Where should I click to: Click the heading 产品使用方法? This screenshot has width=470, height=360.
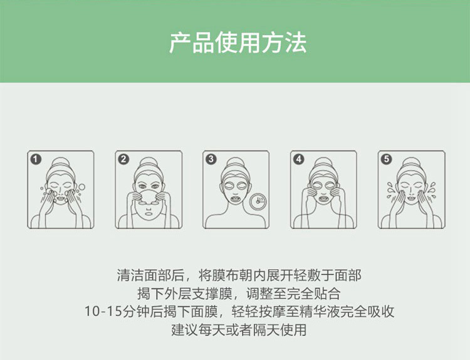[x=238, y=43]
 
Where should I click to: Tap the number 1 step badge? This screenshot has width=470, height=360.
[x=36, y=159]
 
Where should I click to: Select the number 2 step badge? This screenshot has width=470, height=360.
[x=123, y=159]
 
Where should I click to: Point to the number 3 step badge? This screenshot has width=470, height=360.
[x=211, y=159]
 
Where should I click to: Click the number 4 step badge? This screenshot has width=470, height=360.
[x=298, y=159]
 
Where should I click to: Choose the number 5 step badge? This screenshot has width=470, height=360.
[x=387, y=159]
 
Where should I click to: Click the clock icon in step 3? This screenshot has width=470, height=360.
[x=258, y=202]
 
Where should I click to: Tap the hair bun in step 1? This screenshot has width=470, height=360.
[x=61, y=163]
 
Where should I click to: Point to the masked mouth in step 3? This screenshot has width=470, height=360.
[x=236, y=199]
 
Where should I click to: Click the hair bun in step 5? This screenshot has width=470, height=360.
[x=411, y=163]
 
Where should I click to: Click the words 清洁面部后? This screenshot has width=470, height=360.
[x=150, y=275]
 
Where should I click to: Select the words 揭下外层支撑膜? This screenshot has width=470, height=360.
[x=185, y=294]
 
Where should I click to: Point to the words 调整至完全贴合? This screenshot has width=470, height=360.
[x=293, y=294]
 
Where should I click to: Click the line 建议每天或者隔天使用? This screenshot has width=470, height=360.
[x=239, y=330]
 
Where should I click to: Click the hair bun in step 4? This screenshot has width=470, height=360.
[x=323, y=163]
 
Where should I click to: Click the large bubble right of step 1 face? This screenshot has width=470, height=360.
[x=81, y=187]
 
